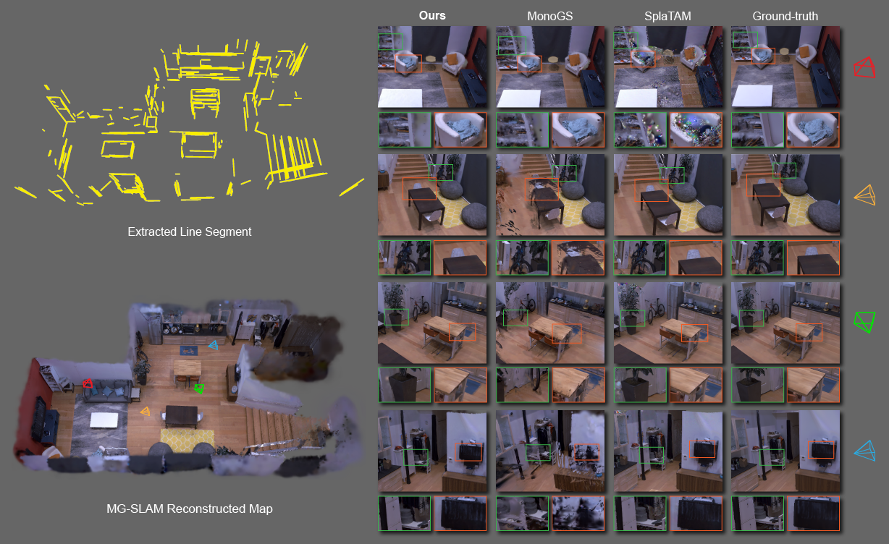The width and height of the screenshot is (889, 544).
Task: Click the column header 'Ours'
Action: (431, 15)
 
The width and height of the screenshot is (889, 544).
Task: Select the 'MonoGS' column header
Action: (549, 16)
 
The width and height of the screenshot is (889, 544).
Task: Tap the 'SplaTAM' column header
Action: (667, 16)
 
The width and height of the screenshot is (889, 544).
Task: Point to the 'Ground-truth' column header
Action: (785, 16)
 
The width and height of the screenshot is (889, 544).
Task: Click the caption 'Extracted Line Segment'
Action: (189, 232)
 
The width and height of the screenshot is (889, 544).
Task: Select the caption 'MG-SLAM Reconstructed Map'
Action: (189, 509)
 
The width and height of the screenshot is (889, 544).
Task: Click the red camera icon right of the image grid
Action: (864, 67)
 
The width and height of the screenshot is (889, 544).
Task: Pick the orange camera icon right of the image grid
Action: (865, 195)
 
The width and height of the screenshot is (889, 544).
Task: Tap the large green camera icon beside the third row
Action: (864, 322)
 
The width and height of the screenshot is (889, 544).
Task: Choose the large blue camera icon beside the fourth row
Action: (865, 451)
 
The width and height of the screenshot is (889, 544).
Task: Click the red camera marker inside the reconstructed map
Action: (88, 383)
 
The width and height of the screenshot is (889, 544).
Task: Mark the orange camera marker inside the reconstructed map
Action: (146, 412)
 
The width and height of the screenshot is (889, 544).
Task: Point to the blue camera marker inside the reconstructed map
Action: (214, 345)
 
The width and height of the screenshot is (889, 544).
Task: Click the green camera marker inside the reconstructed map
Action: (199, 388)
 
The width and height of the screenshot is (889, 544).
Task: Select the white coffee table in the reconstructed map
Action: (104, 420)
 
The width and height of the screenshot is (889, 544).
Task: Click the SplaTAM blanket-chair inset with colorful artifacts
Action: (696, 130)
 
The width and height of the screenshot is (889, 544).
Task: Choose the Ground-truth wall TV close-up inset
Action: (813, 514)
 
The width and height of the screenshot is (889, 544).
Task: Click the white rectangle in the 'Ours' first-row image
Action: (400, 98)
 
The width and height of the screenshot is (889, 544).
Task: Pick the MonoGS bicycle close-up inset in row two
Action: (522, 258)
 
